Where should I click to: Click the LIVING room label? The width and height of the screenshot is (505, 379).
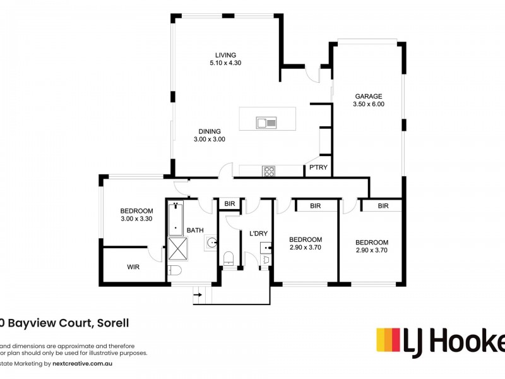(225, 54)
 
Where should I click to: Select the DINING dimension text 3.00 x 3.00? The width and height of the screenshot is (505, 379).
(208, 140)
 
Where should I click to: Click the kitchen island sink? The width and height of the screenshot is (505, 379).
(266, 123)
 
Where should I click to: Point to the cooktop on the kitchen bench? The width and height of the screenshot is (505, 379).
(268, 170)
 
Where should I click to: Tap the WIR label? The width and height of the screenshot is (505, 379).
(133, 267)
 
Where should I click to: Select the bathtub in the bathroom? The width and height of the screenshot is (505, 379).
(175, 218)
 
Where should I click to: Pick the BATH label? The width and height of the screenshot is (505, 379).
(194, 231)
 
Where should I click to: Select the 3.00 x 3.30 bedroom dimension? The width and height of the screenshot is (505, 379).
(136, 219)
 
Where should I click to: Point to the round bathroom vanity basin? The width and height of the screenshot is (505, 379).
(211, 243)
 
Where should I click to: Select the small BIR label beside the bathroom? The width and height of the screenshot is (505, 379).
(230, 203)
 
